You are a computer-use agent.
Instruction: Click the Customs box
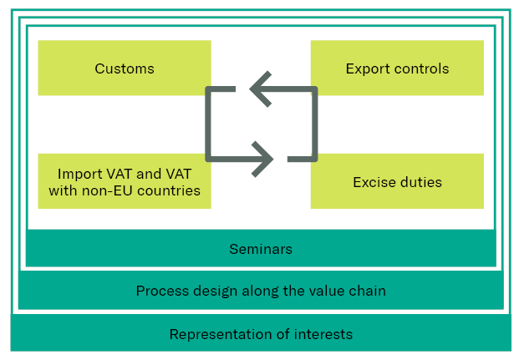(x=125, y=68)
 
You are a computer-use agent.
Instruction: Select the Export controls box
(x=397, y=68)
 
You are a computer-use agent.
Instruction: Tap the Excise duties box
(x=397, y=181)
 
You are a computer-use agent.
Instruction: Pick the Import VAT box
(x=125, y=181)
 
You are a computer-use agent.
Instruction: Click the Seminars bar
(x=261, y=249)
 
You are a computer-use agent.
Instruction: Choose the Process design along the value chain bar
(x=261, y=292)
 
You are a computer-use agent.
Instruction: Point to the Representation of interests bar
(x=261, y=334)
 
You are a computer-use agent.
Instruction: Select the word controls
(x=420, y=68)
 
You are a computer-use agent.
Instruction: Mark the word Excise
(x=374, y=182)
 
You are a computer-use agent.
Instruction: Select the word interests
(x=324, y=334)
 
